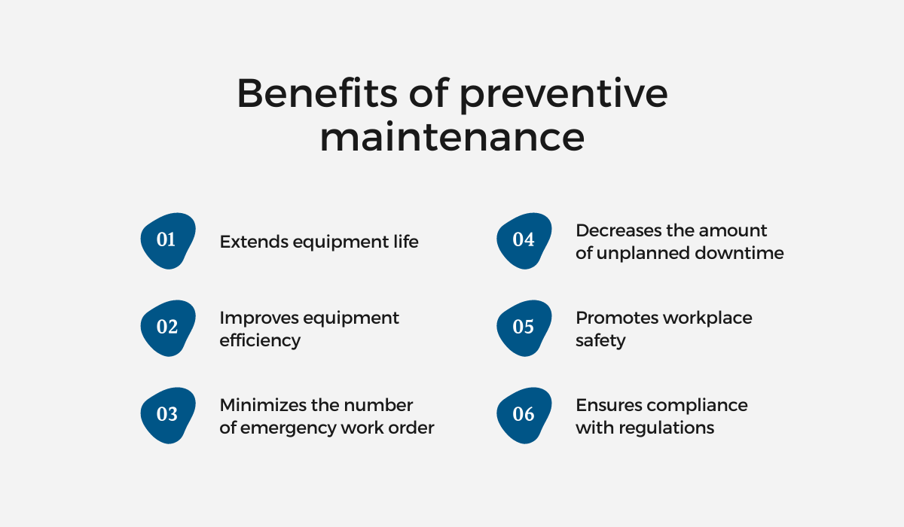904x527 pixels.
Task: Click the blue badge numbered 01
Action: click(x=168, y=241)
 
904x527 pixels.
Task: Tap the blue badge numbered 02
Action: click(x=168, y=327)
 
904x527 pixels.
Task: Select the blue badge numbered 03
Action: click(x=168, y=416)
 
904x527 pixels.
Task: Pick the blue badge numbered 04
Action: click(x=524, y=241)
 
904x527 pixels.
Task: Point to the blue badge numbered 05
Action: click(x=524, y=327)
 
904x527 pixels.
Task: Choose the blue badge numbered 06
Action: click(x=524, y=416)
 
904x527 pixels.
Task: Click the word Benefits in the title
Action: click(x=317, y=93)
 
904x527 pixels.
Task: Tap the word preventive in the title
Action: click(x=563, y=96)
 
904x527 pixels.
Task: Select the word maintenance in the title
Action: click(x=452, y=136)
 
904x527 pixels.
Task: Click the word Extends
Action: click(x=253, y=242)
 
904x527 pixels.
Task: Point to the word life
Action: click(x=406, y=242)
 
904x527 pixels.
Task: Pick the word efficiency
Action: click(x=260, y=341)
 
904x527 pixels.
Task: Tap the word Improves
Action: click(x=258, y=318)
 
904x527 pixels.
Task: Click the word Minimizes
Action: click(x=264, y=405)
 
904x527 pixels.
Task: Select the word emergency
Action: click(x=282, y=428)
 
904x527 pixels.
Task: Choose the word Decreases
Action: click(x=618, y=230)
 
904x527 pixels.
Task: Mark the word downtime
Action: click(x=739, y=253)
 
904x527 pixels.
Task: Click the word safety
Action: click(x=600, y=341)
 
